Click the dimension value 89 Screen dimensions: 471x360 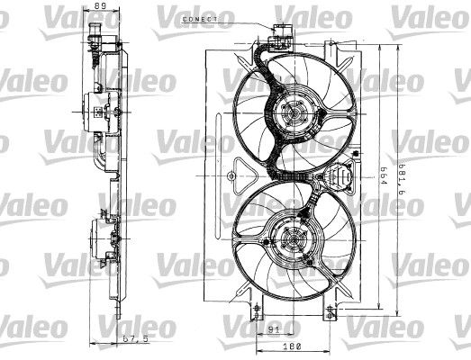100,5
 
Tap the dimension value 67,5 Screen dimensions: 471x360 136,339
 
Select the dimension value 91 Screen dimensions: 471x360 274,330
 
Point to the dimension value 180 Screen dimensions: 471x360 292,346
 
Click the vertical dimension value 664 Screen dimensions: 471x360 383,175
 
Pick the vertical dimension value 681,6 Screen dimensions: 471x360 402,179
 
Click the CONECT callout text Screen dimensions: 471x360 200,19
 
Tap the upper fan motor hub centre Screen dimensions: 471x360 294,113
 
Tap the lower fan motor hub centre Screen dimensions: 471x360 292,240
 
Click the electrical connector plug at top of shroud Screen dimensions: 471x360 281,37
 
